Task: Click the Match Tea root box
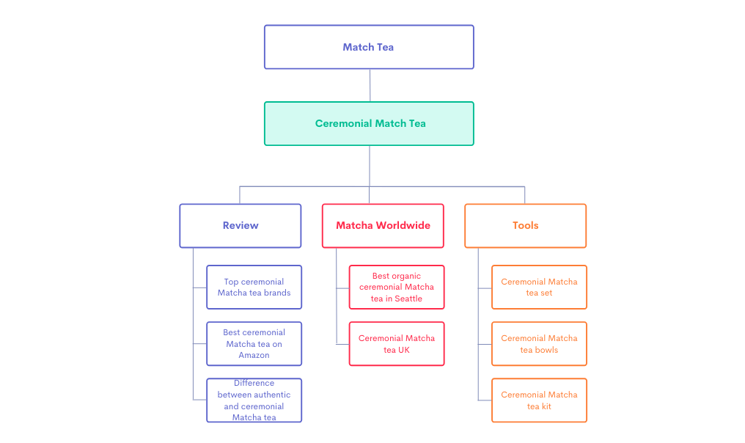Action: click(x=369, y=47)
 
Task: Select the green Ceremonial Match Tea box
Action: click(x=369, y=123)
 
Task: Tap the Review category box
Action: click(x=241, y=225)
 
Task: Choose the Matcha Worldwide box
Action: click(x=383, y=225)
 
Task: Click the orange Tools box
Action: click(x=525, y=225)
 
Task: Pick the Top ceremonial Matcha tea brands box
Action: click(x=254, y=287)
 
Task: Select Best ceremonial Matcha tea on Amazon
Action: click(x=254, y=343)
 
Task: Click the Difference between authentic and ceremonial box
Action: click(x=254, y=400)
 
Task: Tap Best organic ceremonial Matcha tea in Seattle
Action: click(x=396, y=287)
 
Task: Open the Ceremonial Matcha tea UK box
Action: click(x=396, y=343)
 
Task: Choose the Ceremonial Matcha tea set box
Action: click(x=539, y=287)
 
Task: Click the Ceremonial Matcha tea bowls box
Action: click(x=539, y=343)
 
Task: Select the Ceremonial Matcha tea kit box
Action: click(x=539, y=400)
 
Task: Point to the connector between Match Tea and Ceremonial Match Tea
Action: click(x=370, y=85)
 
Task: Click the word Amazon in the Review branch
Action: click(x=254, y=355)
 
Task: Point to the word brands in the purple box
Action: click(x=276, y=293)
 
